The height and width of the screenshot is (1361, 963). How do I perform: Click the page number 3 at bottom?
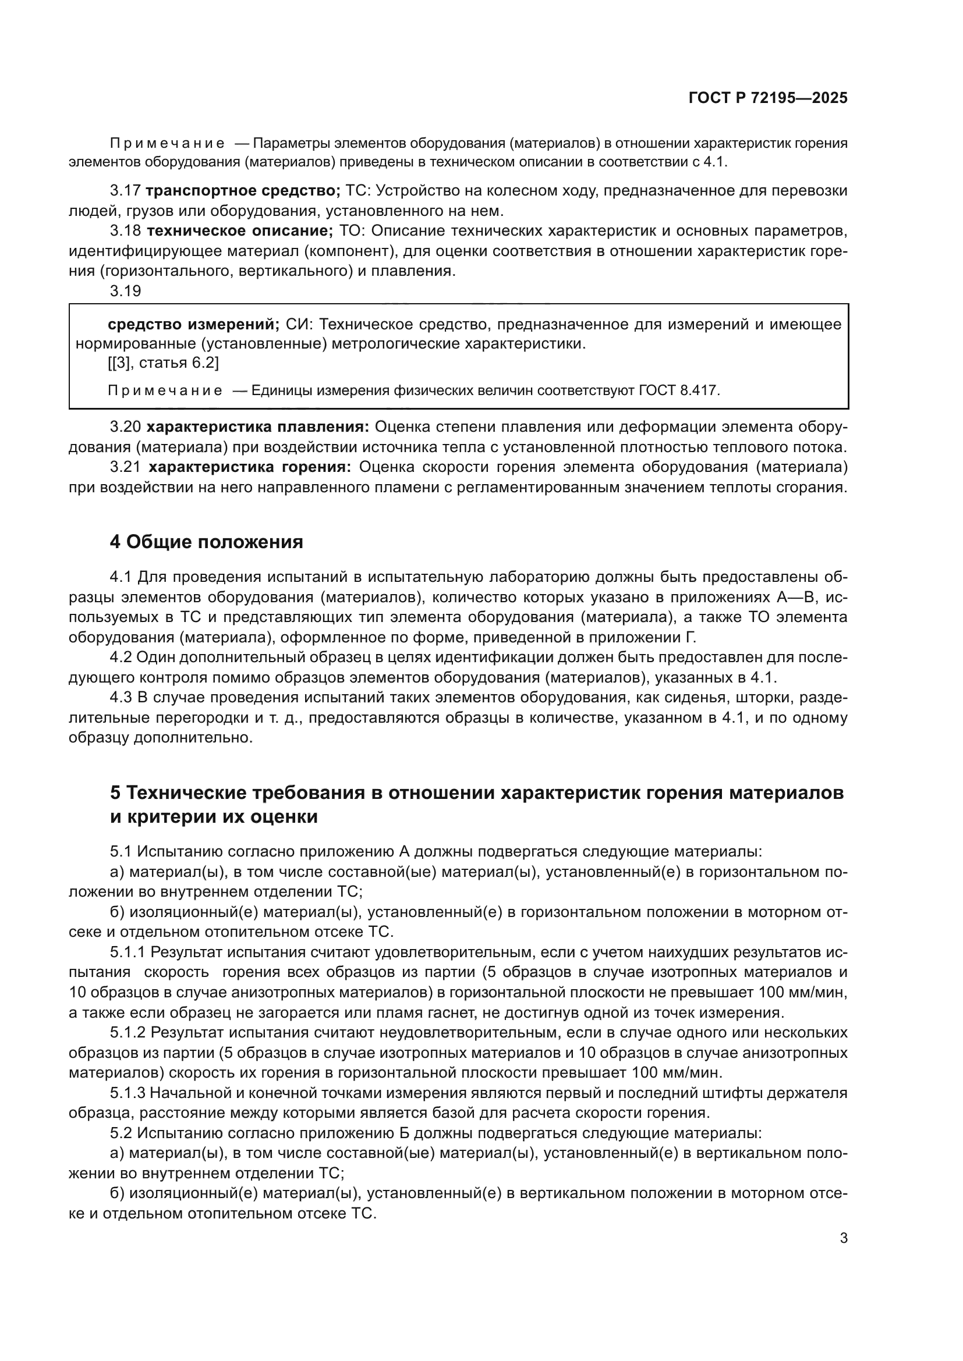[843, 1238]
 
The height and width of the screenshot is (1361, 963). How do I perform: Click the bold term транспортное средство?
[243, 191]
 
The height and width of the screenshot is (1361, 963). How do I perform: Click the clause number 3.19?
[126, 291]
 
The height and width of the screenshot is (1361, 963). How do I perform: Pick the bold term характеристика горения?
[250, 467]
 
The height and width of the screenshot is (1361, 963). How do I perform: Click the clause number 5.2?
[122, 1133]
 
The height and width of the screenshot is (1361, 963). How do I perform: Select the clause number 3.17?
[126, 191]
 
